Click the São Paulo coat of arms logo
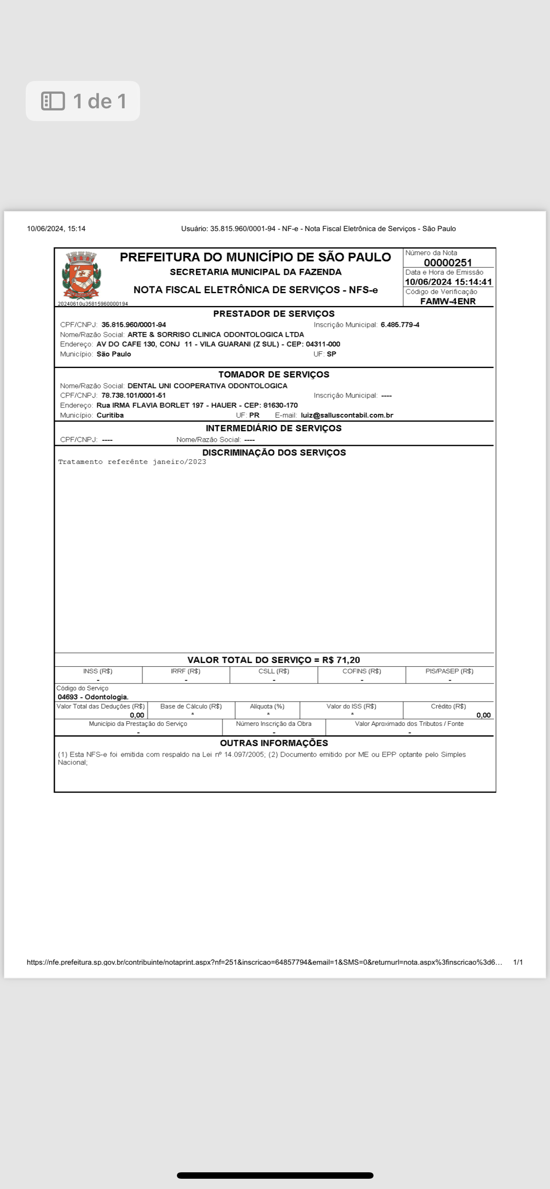(x=82, y=276)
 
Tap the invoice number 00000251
(x=448, y=263)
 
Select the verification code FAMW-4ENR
(x=448, y=301)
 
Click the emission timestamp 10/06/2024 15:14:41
(x=448, y=282)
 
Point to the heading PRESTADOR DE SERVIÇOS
(x=274, y=314)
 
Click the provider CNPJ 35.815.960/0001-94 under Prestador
(x=134, y=325)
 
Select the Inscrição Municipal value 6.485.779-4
(x=400, y=325)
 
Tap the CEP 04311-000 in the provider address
(x=323, y=344)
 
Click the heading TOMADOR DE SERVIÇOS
(x=274, y=375)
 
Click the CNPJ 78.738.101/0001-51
(x=134, y=395)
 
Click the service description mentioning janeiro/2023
(x=132, y=462)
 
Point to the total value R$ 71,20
(x=341, y=660)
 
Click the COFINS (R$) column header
(x=362, y=671)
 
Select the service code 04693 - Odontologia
(x=93, y=697)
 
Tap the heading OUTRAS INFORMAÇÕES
(x=274, y=743)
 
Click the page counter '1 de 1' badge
(x=83, y=101)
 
